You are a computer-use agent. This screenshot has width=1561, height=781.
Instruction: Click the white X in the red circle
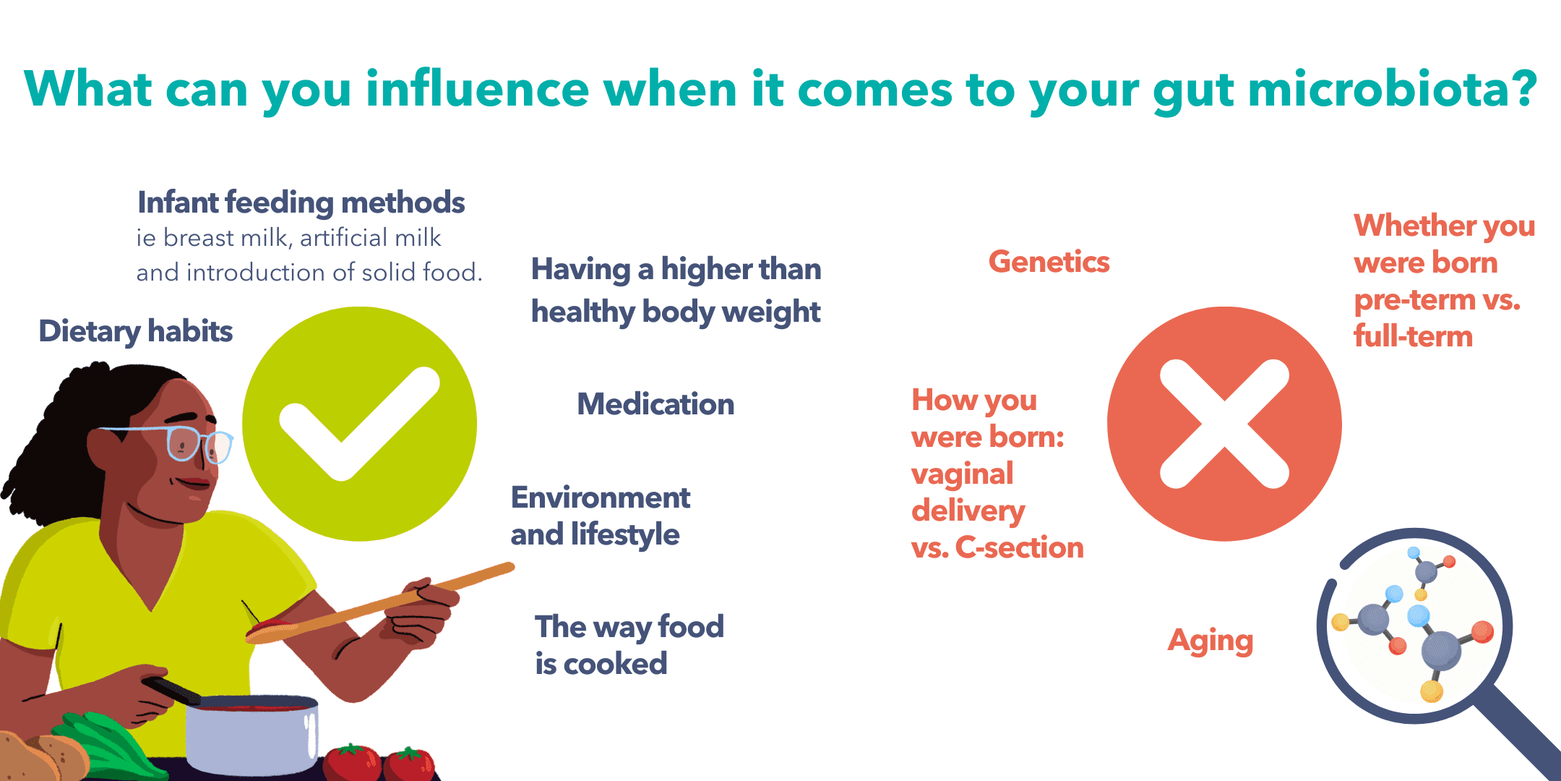point(1224,424)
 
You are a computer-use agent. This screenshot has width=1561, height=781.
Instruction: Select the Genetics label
point(1049,262)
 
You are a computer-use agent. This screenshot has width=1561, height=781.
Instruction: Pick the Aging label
point(1210,641)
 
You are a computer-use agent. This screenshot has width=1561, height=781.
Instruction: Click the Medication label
point(655,404)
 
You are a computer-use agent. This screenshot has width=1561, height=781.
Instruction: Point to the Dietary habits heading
point(135,331)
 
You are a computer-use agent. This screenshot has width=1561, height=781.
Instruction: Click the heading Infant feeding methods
point(301,202)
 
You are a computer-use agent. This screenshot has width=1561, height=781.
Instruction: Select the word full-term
point(1413,336)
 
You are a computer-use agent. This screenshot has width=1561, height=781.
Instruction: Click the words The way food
point(629,627)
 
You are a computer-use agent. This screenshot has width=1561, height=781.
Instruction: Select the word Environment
point(600,498)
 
